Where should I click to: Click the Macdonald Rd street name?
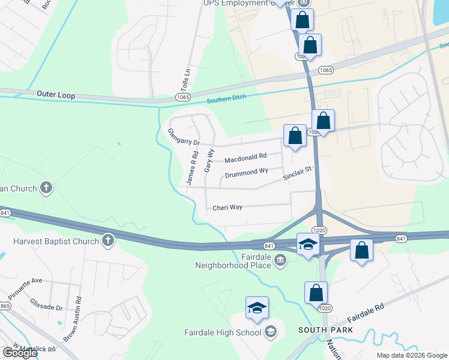point(245,159)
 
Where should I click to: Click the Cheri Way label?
point(228,208)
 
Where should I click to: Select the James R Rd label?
point(192,167)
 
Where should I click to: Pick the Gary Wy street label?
point(209,161)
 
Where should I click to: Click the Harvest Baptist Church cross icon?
point(108,241)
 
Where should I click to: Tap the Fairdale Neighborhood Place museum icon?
point(280,259)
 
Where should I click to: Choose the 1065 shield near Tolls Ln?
point(182,97)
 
